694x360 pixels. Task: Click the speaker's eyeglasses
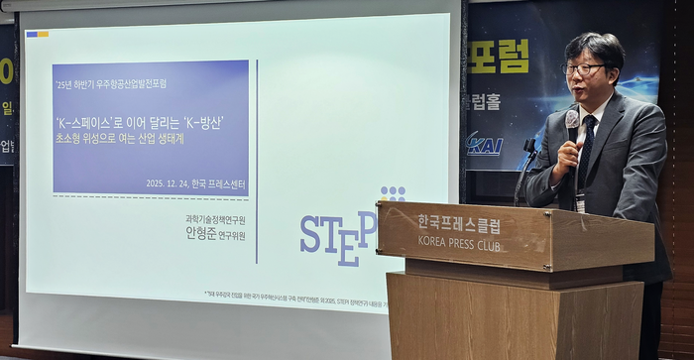(x=584, y=69)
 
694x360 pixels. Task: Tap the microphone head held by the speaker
(x=572, y=120)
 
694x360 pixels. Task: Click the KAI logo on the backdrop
(x=486, y=145)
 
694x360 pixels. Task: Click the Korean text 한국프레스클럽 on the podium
(x=459, y=224)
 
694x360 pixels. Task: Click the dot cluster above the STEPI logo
(x=393, y=193)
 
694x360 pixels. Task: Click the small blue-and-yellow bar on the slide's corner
(x=37, y=34)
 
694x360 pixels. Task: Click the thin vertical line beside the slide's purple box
(x=257, y=159)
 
